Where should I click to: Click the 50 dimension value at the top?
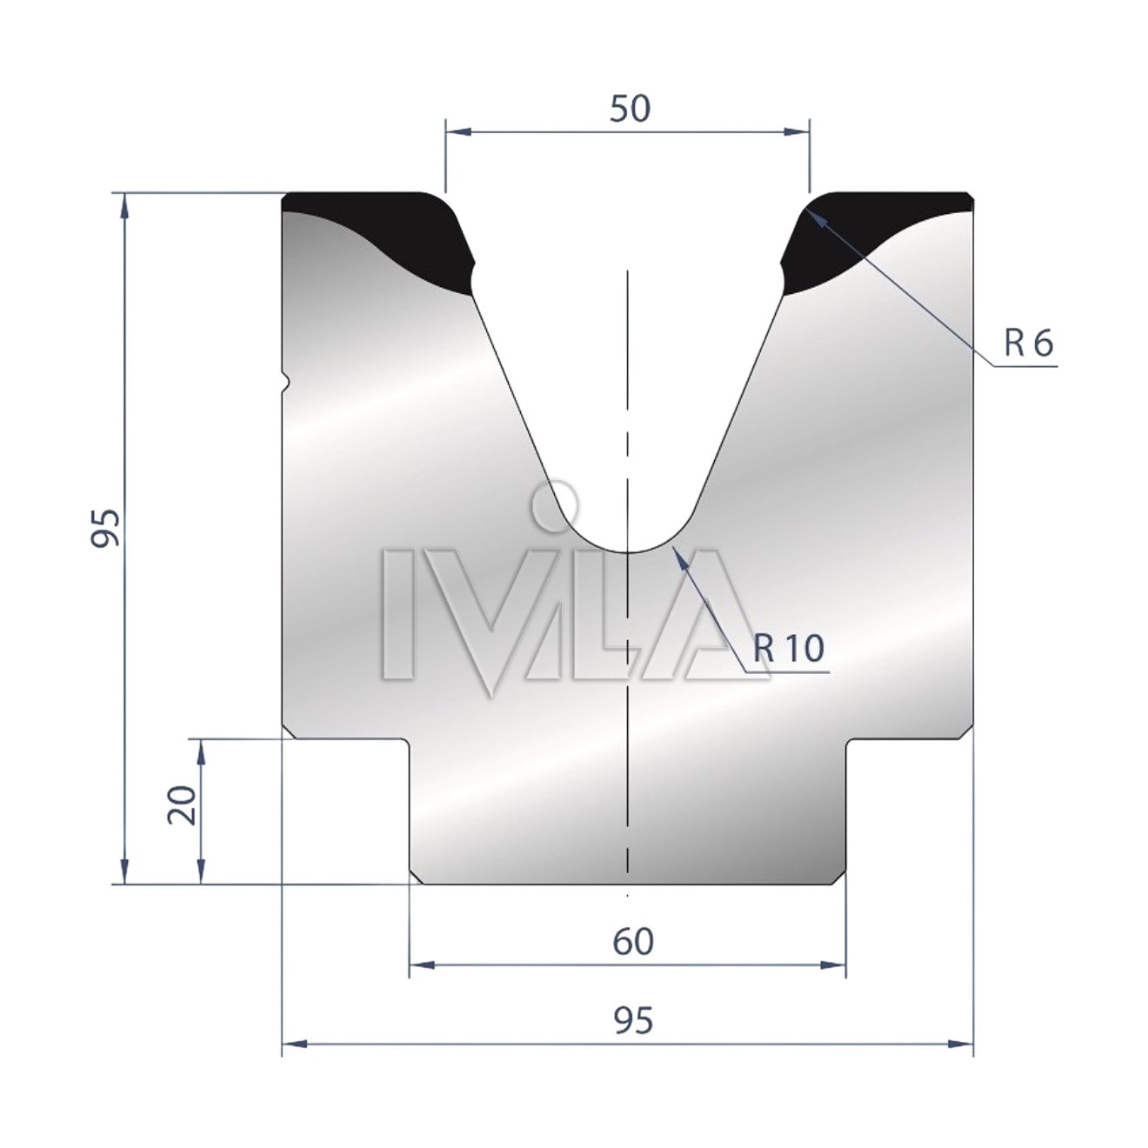pos(631,109)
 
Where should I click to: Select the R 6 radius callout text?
pos(1029,344)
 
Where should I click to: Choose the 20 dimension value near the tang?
pos(183,804)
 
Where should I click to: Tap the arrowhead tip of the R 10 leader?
pos(672,544)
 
